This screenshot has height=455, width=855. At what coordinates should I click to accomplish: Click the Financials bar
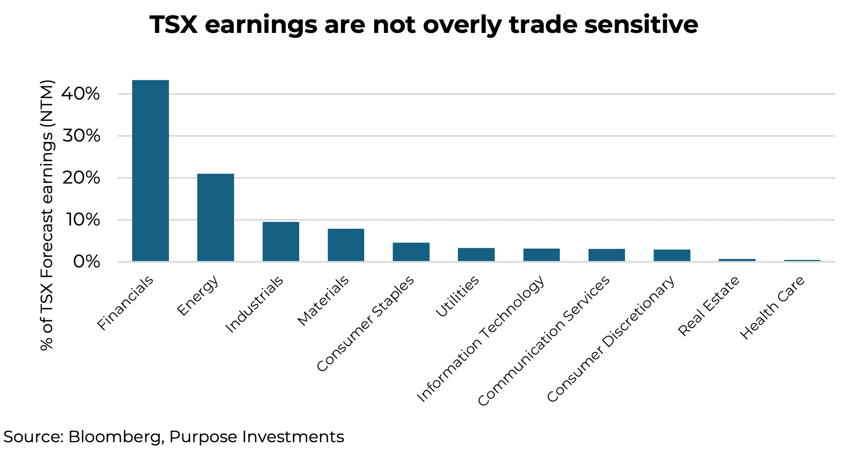click(x=150, y=171)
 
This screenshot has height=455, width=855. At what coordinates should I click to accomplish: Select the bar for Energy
click(x=215, y=217)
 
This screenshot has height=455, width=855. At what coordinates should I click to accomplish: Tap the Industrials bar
click(x=280, y=241)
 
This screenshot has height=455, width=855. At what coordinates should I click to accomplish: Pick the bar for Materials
click(x=346, y=245)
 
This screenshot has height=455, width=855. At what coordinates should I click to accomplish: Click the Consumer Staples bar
click(x=411, y=252)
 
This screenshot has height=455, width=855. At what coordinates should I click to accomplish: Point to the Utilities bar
click(x=476, y=255)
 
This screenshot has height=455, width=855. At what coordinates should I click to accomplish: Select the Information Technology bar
click(x=541, y=255)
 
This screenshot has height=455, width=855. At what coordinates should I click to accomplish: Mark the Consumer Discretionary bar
click(x=672, y=255)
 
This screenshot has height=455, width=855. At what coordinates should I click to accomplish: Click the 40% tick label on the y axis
click(x=81, y=94)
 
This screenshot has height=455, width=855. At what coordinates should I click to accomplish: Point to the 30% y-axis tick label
click(x=81, y=136)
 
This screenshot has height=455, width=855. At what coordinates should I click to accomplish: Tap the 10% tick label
click(x=81, y=220)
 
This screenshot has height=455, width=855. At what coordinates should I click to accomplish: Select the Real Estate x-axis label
click(x=708, y=306)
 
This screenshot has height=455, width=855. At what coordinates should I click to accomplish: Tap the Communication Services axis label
click(x=544, y=341)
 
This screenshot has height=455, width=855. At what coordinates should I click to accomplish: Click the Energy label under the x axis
click(x=198, y=295)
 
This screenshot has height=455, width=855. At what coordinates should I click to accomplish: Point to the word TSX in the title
click(x=173, y=25)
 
